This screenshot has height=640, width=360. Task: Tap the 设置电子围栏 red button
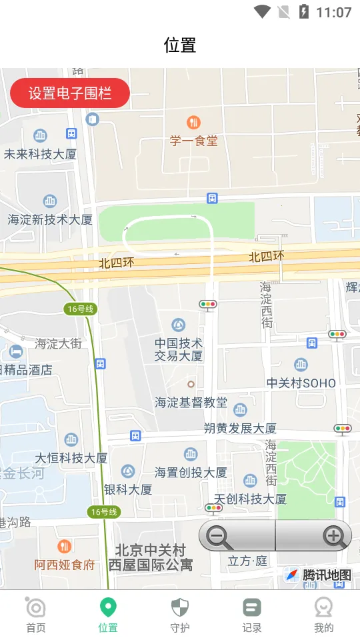(70, 93)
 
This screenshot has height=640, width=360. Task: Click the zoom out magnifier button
(220, 536)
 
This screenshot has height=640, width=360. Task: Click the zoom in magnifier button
(333, 536)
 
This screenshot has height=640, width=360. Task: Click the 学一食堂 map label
(193, 141)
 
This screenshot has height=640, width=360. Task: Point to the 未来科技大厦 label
(41, 154)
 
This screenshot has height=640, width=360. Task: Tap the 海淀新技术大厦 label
(50, 219)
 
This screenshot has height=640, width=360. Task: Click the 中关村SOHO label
(301, 383)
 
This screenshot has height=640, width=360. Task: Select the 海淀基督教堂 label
(191, 402)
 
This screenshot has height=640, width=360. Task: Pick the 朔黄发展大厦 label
(240, 428)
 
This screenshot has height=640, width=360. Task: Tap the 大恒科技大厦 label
(71, 458)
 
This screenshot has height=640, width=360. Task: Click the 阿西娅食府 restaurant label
(65, 565)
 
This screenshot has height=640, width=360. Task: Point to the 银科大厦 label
(128, 489)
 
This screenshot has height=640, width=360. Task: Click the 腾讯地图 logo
(319, 575)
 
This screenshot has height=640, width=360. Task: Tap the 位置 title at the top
(180, 45)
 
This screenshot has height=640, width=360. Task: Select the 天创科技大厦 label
(250, 499)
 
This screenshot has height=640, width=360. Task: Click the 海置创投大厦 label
(191, 472)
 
